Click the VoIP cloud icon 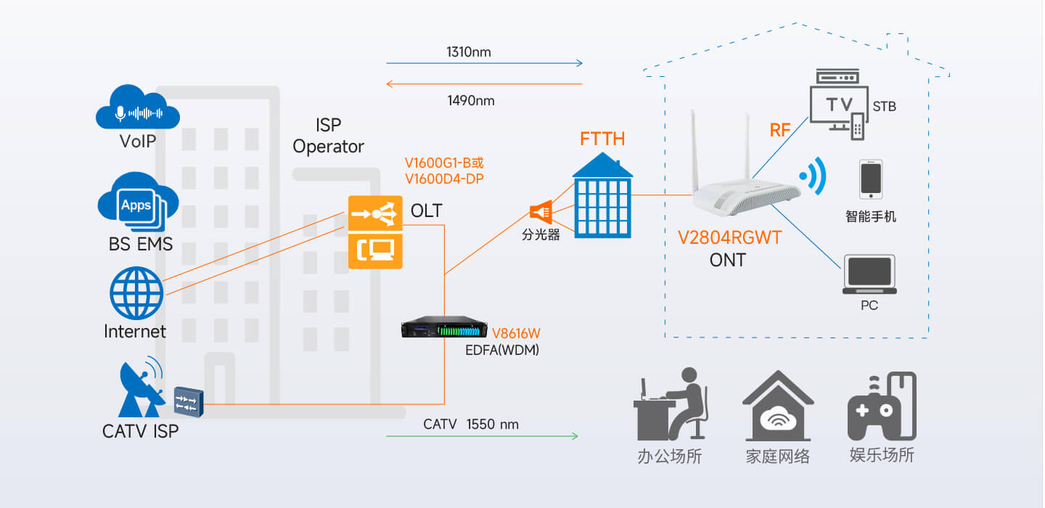click(x=138, y=107)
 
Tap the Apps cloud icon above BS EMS click(x=138, y=202)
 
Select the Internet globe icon click(x=136, y=293)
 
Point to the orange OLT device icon click(x=375, y=232)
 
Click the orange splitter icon click(x=541, y=212)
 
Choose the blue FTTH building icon click(x=602, y=196)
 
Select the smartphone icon click(x=871, y=179)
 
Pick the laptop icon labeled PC click(x=869, y=274)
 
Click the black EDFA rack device click(x=444, y=327)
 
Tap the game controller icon click(x=882, y=407)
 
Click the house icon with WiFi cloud click(x=778, y=406)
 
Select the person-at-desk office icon click(x=671, y=404)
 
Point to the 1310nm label click(x=468, y=52)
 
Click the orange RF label click(x=780, y=130)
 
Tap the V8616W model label click(x=516, y=333)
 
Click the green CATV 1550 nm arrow click(x=483, y=436)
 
